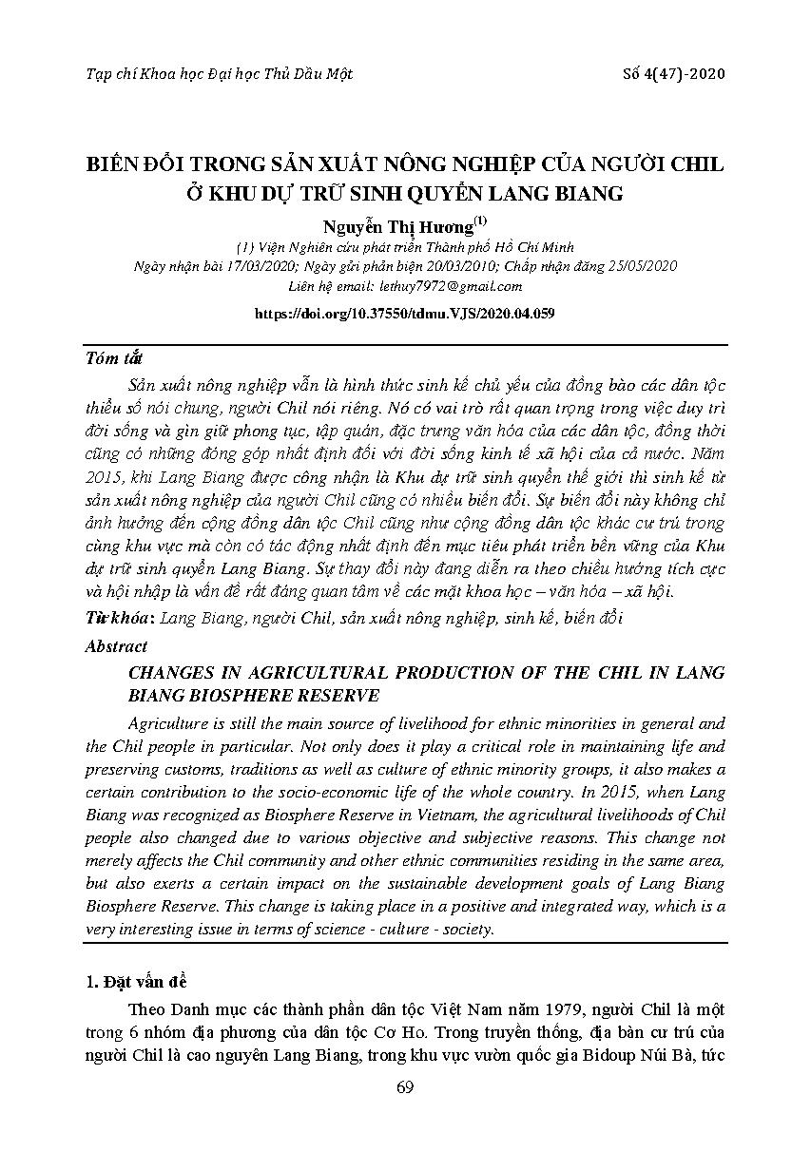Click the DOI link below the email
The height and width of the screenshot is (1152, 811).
point(405,313)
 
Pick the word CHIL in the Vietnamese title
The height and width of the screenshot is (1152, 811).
point(698,164)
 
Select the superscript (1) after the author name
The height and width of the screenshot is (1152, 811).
point(480,221)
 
